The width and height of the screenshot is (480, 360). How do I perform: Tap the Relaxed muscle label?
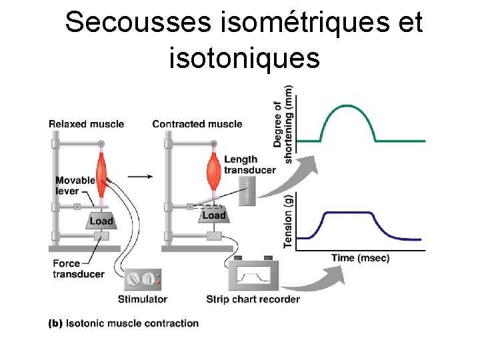[86, 124]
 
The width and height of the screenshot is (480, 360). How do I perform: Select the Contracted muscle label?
[197, 124]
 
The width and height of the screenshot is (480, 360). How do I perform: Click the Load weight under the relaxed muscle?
[101, 221]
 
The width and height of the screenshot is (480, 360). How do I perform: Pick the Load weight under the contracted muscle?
[213, 215]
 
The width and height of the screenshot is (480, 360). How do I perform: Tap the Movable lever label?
[75, 185]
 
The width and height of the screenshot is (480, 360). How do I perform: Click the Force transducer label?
[78, 269]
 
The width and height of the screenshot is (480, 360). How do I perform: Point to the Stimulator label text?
[142, 299]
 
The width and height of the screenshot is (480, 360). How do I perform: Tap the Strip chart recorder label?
[253, 299]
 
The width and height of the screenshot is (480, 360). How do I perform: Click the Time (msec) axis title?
[360, 258]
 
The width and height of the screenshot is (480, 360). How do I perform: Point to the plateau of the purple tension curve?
[348, 213]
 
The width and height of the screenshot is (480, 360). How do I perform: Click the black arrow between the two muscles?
[139, 177]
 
